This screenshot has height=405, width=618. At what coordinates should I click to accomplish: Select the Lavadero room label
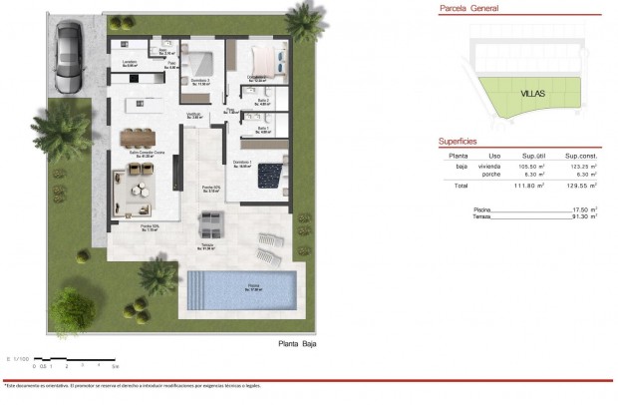click(x=129, y=63)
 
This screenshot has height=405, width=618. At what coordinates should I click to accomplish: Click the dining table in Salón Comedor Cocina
click(x=139, y=138)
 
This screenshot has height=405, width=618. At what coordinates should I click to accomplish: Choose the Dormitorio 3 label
click(x=200, y=83)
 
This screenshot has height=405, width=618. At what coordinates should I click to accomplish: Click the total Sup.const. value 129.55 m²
click(x=579, y=187)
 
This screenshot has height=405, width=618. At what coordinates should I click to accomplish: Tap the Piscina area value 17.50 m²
click(x=580, y=208)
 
